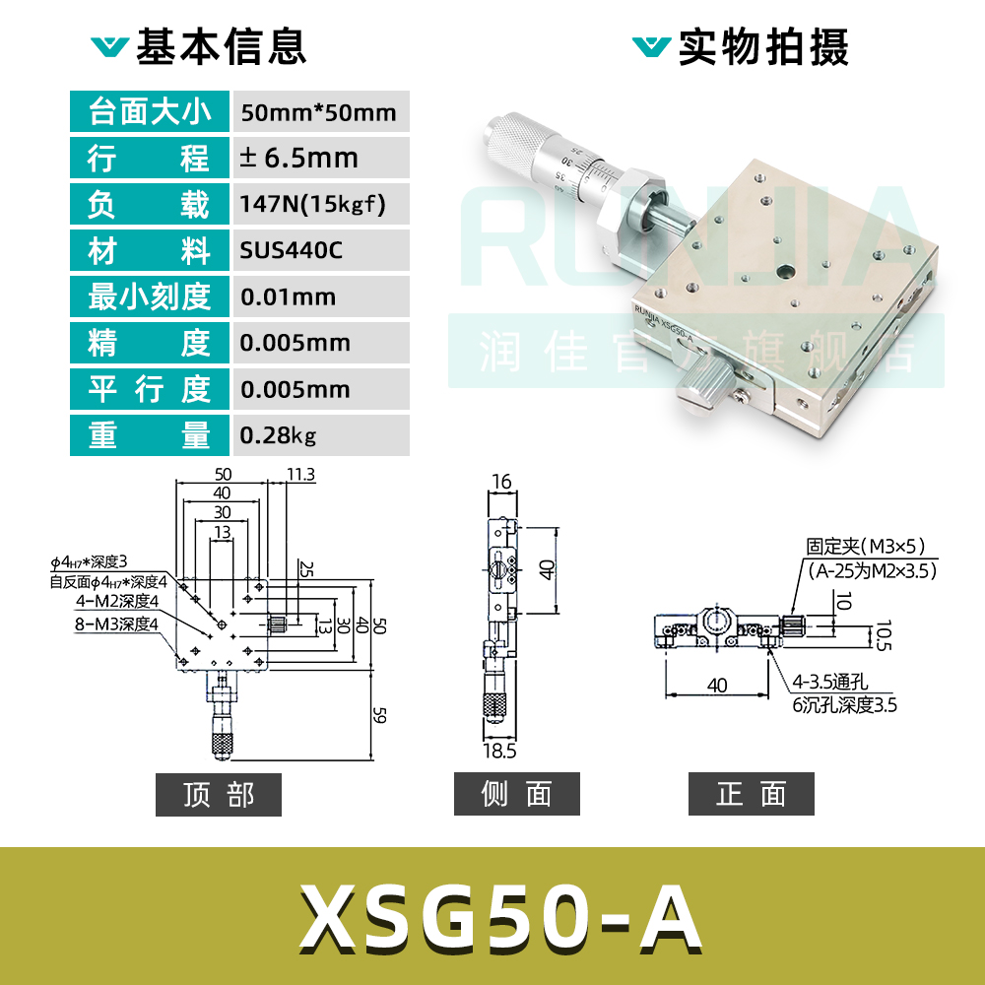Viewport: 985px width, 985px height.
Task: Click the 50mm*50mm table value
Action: coord(318,112)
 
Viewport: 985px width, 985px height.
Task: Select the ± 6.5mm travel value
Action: coord(299,159)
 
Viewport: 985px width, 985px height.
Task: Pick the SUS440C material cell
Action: coord(292,251)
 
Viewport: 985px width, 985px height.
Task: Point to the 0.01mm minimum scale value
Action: coord(289,296)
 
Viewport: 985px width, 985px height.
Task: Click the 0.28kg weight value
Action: coord(279,434)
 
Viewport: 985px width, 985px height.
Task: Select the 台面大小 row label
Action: coord(150,112)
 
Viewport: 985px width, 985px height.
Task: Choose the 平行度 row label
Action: coord(150,389)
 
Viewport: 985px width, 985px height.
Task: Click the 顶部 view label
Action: coord(219,795)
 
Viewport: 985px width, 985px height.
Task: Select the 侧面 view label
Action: coord(517,795)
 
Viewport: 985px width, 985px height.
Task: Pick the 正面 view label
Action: coord(752,795)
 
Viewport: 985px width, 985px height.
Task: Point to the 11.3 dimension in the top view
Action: coord(301,475)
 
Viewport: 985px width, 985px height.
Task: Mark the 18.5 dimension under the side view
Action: coord(500,752)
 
